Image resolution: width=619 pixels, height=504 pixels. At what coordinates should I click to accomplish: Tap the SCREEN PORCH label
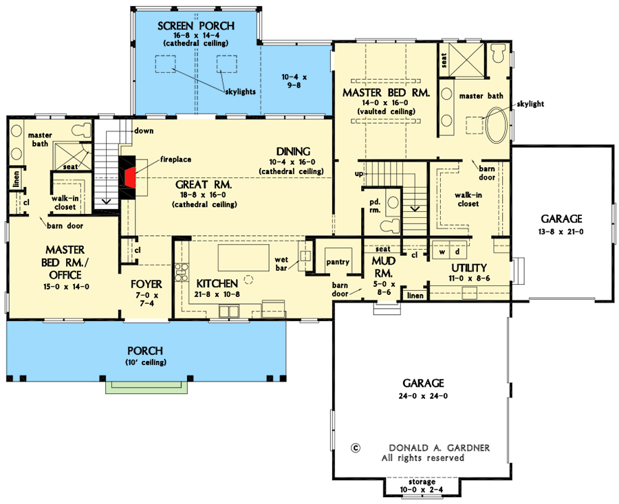pos(196,26)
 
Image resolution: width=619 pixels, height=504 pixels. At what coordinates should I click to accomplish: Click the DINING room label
pos(293,151)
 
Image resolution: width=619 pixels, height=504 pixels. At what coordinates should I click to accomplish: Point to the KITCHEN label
pos(217,283)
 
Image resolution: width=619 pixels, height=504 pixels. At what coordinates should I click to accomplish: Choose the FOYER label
pos(146,283)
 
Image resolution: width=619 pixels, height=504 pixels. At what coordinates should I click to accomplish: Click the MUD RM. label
pos(383,266)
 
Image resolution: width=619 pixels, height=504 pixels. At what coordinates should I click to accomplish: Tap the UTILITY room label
pos(469,267)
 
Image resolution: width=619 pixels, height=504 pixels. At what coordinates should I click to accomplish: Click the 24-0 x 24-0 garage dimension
pos(424,395)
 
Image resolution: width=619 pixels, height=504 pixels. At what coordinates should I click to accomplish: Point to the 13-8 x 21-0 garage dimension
pos(561,232)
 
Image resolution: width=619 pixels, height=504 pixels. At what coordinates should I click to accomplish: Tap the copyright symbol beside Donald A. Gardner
pos(356,448)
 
